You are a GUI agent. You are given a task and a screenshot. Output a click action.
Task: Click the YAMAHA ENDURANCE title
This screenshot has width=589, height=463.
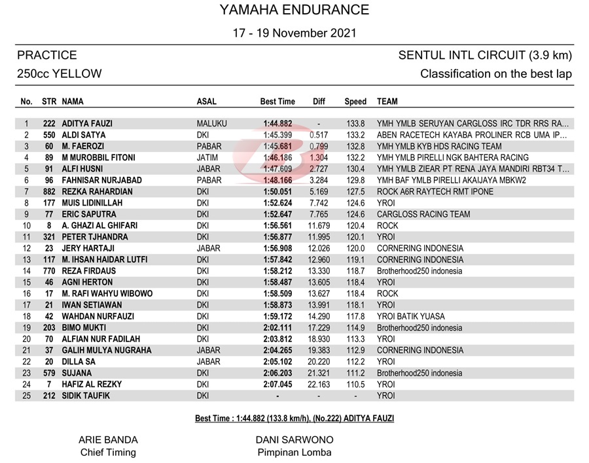(294, 10)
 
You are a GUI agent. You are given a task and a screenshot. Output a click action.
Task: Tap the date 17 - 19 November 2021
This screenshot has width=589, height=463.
(294, 33)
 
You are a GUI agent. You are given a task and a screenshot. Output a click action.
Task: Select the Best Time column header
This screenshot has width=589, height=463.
(277, 102)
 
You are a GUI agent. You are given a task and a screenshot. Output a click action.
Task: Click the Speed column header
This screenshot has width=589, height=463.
(355, 102)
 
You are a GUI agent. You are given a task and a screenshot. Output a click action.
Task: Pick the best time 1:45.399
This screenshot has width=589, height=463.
(277, 135)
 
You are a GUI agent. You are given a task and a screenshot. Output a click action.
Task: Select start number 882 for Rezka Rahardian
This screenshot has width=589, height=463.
(48, 192)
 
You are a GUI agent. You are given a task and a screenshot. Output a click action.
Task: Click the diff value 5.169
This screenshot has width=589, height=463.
(319, 192)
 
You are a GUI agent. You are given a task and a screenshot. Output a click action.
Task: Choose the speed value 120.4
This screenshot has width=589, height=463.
(355, 226)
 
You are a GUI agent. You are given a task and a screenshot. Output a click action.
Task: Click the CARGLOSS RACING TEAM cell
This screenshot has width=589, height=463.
(423, 214)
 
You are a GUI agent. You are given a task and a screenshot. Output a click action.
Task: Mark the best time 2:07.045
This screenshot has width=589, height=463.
(277, 384)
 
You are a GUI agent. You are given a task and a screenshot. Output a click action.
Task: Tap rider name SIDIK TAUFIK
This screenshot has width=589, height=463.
(86, 396)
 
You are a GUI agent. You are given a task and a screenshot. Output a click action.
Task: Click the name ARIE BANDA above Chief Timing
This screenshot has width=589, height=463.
(108, 440)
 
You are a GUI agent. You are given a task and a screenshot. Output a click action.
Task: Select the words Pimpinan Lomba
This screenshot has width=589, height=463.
(294, 452)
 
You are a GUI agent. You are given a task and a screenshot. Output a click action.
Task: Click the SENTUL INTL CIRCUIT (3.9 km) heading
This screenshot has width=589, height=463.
(485, 55)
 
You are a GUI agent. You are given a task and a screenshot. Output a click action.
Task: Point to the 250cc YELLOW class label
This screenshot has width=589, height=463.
(60, 74)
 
